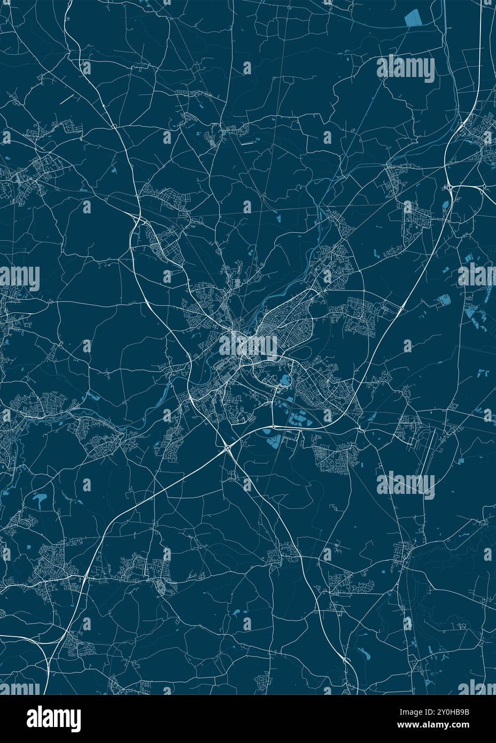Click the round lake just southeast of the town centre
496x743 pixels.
point(284,381)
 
